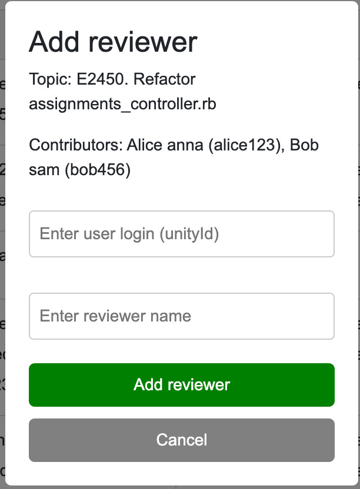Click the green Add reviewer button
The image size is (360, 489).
[182, 385]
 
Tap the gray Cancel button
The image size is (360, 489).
[182, 440]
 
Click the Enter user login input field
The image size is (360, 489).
[182, 234]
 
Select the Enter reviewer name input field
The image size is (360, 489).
[182, 316]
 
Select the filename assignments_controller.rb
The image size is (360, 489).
[122, 105]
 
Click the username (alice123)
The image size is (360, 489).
[242, 145]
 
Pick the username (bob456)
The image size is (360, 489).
[98, 171]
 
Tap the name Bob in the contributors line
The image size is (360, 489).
[305, 145]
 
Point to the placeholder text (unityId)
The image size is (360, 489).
[189, 234]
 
